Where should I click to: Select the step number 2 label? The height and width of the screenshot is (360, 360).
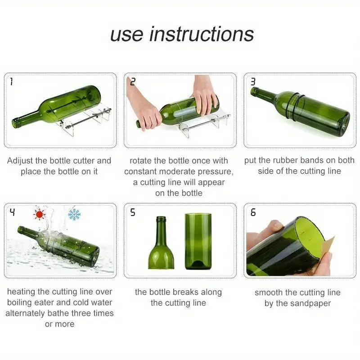[x=132, y=82]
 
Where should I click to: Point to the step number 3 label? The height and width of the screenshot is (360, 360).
[x=253, y=82]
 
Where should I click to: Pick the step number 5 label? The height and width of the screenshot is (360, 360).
[x=132, y=212]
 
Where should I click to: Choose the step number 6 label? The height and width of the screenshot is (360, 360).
[x=253, y=212]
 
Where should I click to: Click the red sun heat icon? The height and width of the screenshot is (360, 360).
[x=40, y=214]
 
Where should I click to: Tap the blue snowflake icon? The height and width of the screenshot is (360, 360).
[x=74, y=214]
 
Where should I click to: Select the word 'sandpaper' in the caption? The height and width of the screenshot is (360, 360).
[x=310, y=303]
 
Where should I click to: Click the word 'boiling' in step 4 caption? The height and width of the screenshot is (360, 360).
[x=20, y=302]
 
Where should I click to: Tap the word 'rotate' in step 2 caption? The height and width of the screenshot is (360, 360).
[x=141, y=161]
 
